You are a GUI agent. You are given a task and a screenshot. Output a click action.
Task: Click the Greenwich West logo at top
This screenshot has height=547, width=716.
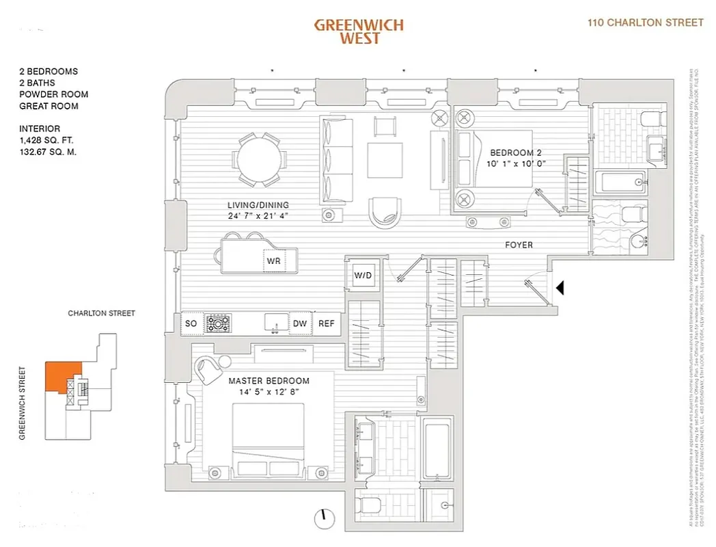pos(359,31)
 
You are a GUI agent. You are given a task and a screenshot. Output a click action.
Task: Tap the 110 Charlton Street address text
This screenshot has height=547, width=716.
pos(646,23)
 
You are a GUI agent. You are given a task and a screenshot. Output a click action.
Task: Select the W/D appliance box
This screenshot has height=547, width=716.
pos(362,276)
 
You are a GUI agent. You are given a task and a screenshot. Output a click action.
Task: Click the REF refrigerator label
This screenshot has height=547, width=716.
pos(327,323)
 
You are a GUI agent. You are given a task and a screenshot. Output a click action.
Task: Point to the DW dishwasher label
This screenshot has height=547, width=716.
pos(300,323)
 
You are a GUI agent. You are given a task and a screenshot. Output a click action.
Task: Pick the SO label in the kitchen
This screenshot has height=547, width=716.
pos(191,323)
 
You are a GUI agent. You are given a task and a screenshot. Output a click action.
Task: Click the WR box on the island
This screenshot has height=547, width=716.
pos(273,261)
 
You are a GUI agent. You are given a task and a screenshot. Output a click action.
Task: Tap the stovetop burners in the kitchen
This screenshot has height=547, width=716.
pos(219,323)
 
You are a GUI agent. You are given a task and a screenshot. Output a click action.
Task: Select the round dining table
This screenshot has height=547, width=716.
pos(259,159)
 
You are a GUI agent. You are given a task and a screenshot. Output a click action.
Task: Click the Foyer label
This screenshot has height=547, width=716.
pos(519,245)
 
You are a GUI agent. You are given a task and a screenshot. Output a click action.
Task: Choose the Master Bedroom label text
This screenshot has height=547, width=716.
pos(268,381)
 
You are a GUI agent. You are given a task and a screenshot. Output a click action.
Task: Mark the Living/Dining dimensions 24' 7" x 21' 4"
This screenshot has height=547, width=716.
pos(258,216)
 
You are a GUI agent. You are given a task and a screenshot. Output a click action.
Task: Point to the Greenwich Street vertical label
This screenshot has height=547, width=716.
pos(23,403)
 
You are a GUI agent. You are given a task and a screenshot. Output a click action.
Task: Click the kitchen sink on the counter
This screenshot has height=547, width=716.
pos(276,323)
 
